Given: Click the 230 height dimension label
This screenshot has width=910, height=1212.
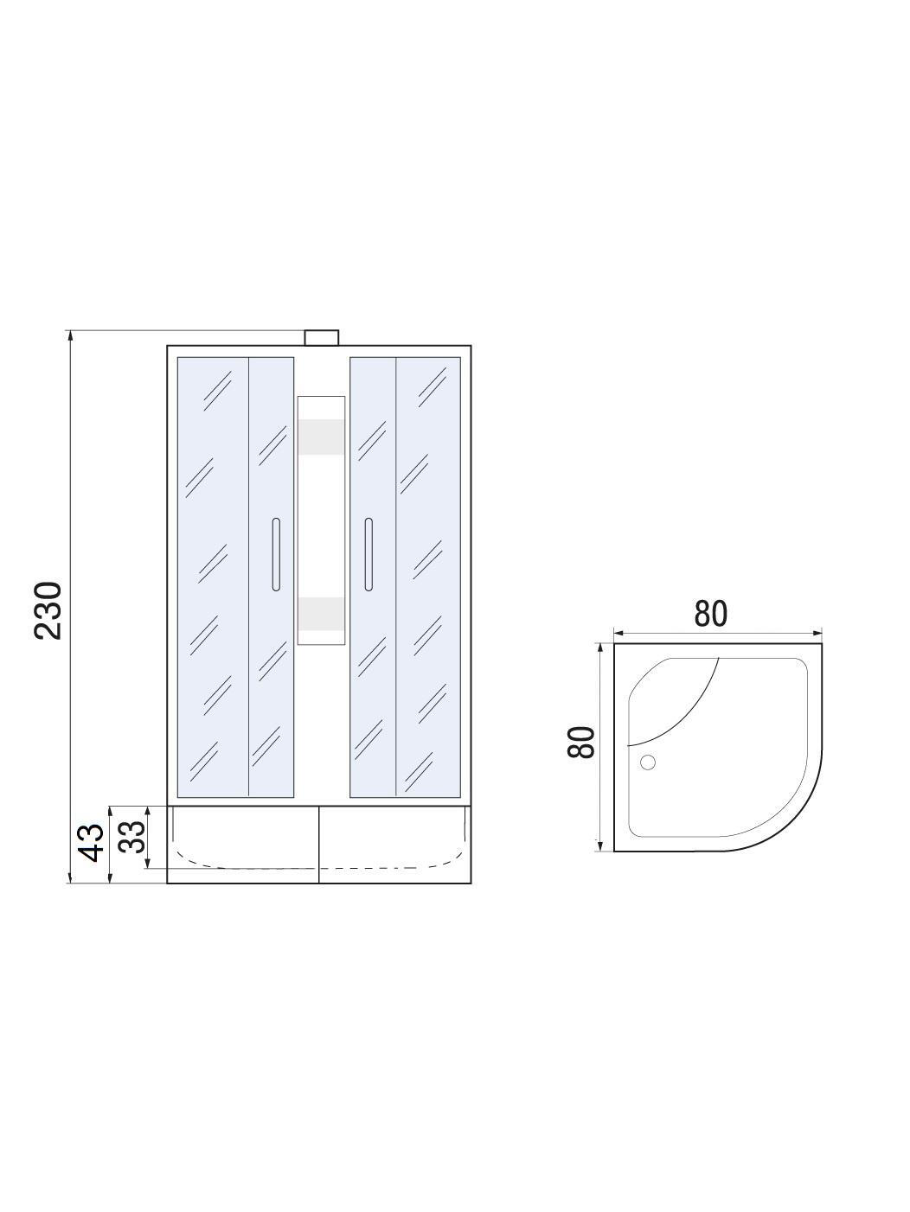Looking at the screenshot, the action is pos(48,610).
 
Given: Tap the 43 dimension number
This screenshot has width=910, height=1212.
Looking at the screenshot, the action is pos(91,842).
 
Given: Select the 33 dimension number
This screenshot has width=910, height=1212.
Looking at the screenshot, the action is pos(132,837).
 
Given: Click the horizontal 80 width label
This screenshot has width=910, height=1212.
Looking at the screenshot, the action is pos(711,614).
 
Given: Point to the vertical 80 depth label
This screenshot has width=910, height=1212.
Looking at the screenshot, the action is pos(580,742).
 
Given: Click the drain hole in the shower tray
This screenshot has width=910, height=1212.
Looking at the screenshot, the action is pos(648,762).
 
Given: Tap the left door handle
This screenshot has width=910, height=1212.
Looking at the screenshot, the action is pos(276,554).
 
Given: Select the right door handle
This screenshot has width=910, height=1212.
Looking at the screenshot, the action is pos(368,554).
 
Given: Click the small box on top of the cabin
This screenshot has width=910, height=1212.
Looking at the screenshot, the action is pos(322,337).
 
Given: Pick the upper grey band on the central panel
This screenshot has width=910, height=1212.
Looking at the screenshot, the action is pos(322,437).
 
